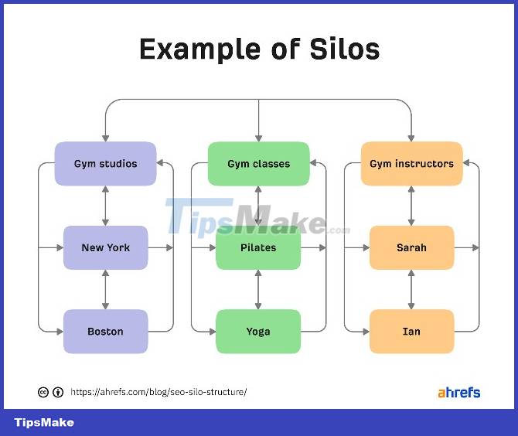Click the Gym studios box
click(105, 164)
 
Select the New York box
click(105, 248)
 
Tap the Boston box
click(105, 332)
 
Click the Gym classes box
click(258, 164)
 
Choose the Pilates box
click(258, 248)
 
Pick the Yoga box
click(258, 332)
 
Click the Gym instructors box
click(411, 164)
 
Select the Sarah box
click(411, 248)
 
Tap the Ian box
click(411, 332)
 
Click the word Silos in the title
click(339, 49)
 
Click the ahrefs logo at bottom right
click(458, 392)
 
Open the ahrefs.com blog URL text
click(158, 392)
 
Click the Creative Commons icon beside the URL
click(44, 392)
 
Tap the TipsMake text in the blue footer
click(44, 423)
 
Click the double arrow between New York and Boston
click(105, 290)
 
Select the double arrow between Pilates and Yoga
click(258, 290)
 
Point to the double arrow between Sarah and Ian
click(411, 290)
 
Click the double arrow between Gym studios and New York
click(105, 206)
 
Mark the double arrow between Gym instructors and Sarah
click(411, 206)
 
